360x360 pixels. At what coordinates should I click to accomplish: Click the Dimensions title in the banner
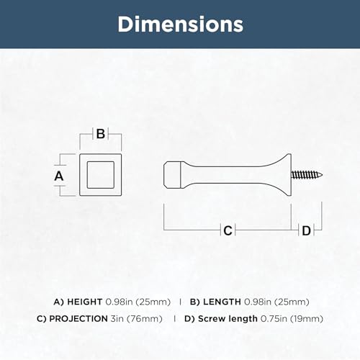coord(180,24)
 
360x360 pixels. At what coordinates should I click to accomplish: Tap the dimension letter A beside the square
coord(59,176)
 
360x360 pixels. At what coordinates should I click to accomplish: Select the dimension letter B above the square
coord(101,134)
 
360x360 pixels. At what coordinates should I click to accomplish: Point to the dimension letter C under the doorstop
coord(228,230)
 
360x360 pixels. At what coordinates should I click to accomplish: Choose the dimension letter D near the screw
coord(306,231)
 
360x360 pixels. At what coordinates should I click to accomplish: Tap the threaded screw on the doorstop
coord(307,175)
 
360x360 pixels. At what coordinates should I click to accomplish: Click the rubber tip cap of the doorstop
coord(173,175)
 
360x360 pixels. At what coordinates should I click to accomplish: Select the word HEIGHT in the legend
coord(85,302)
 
